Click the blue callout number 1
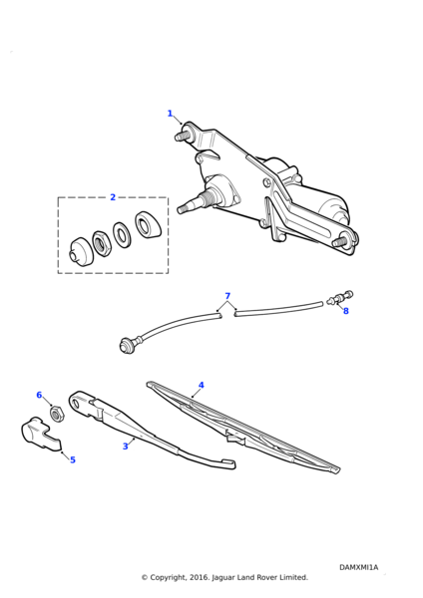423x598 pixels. [170, 114]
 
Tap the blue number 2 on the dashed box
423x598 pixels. [113, 197]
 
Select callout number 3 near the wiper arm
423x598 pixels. [126, 446]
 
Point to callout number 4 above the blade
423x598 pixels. [202, 385]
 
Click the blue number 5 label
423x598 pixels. [73, 459]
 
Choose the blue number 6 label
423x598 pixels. [39, 395]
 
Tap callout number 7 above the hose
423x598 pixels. [227, 296]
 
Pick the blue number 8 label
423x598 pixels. [346, 311]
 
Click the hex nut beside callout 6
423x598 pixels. [57, 415]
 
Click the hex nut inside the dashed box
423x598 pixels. [102, 243]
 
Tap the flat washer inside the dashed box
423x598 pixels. [122, 234]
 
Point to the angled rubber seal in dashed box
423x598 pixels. [148, 224]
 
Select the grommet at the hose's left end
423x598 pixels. [127, 345]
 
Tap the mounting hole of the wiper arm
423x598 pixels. [75, 403]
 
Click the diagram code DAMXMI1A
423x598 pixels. [358, 567]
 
